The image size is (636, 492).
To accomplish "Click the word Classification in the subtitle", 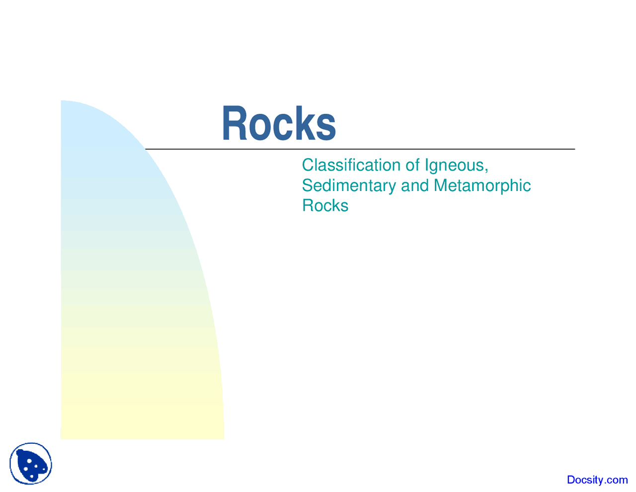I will (351, 165).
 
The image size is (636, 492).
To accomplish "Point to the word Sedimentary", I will (349, 186).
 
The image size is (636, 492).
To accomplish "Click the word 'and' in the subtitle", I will (414, 186).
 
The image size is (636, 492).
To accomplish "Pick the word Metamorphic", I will (482, 186).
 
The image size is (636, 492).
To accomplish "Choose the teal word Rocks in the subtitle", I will (325, 205).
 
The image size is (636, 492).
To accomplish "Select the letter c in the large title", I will (282, 127).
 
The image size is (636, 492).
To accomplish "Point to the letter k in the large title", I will (304, 123).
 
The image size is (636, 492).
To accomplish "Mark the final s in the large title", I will (326, 127).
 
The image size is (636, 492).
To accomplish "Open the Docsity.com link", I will (597, 480).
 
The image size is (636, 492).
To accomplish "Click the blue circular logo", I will (31, 464).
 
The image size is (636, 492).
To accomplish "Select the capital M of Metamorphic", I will (441, 186).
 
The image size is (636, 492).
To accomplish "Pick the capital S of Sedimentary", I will (307, 186).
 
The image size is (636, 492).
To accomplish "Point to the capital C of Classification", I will (308, 165).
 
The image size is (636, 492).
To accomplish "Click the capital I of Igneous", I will (426, 165).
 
